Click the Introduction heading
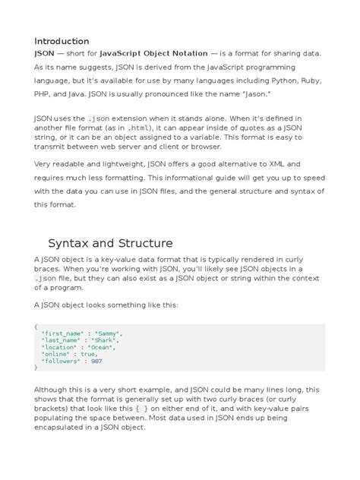pos(62,40)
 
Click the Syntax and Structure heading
pos(110,243)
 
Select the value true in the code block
pos(88,353)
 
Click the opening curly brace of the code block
pos(36,326)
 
